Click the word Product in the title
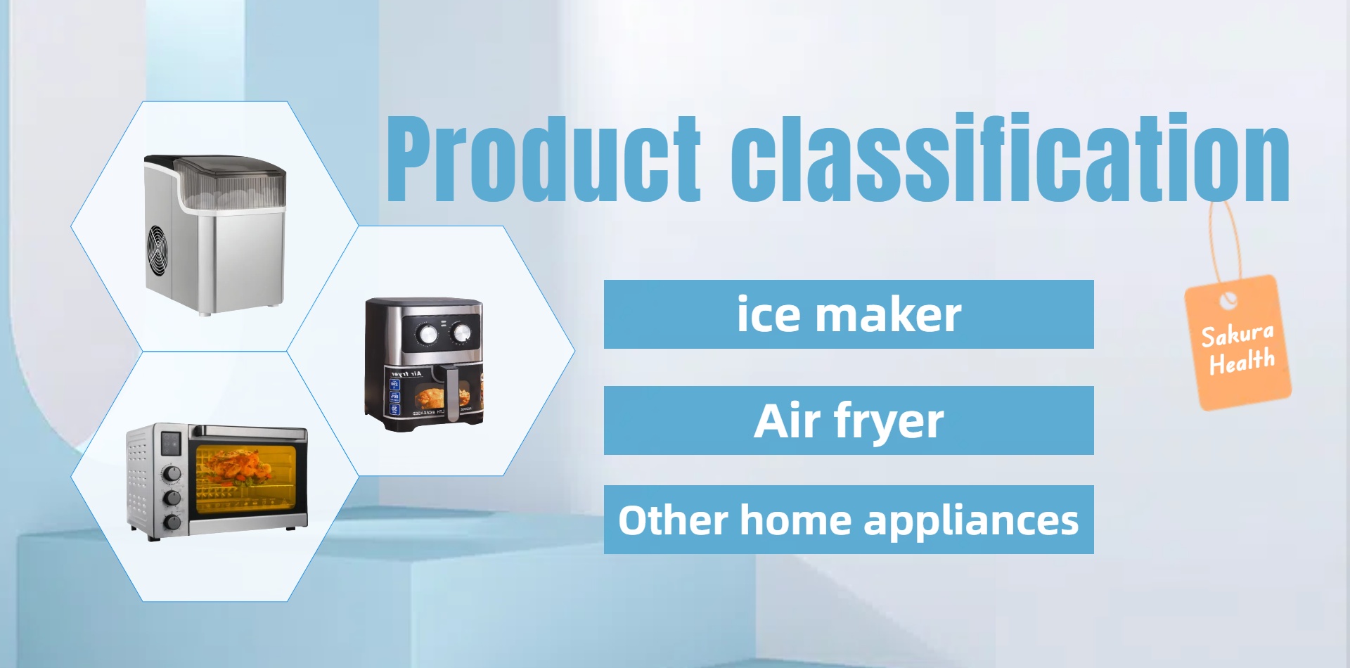pos(544,158)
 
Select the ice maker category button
pos(849,314)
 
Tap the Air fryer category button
pos(849,420)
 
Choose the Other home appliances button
pos(849,520)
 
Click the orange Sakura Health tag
pos(1238,343)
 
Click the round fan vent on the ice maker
pos(158,251)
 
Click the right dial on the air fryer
pos(461,333)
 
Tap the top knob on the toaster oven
pos(172,474)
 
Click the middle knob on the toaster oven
pos(172,499)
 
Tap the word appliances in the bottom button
pos(971,522)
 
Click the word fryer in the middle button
pos(889,423)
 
